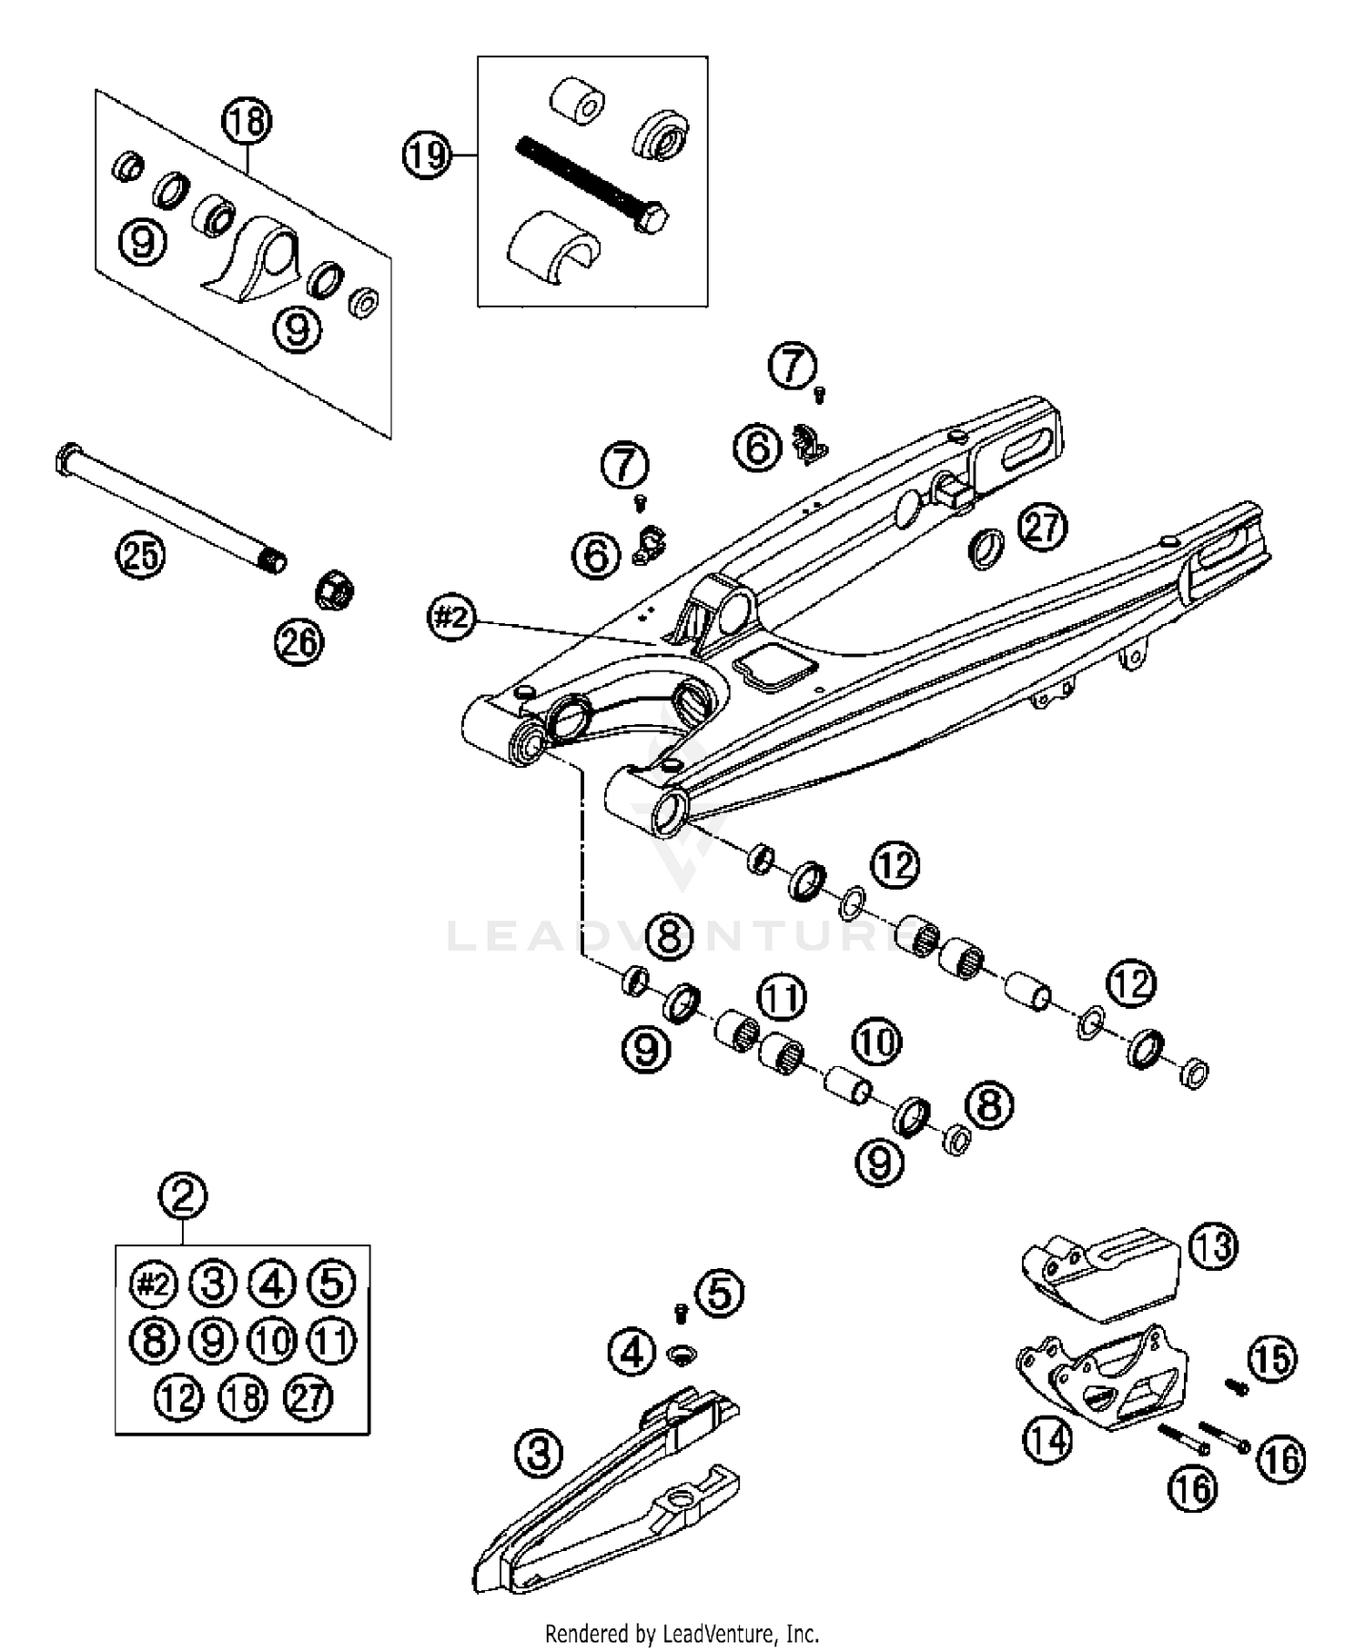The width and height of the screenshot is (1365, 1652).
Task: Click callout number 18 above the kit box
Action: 247,120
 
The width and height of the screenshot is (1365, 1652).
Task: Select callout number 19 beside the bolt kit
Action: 427,156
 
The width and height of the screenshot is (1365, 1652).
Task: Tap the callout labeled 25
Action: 141,554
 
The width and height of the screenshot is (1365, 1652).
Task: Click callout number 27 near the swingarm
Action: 1043,527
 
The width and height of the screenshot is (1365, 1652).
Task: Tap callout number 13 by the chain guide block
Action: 1213,1246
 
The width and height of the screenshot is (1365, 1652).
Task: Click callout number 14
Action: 1047,1438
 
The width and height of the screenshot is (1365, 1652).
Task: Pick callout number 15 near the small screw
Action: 1271,1358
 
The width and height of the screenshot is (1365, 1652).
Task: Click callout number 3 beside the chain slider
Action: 539,1452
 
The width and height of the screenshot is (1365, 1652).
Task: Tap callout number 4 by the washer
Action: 632,1353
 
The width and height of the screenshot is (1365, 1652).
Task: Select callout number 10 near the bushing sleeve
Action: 876,1042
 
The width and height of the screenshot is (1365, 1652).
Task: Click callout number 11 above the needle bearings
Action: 783,997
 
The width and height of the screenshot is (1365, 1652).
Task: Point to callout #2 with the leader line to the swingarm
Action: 451,619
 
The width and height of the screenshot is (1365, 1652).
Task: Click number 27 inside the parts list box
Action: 308,1396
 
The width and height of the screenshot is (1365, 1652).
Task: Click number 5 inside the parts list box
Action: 331,1284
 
